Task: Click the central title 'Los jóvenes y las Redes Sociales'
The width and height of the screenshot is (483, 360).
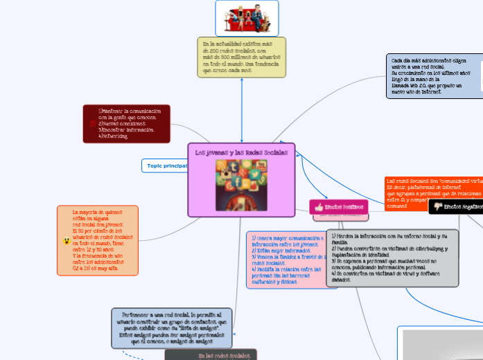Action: pyautogui.click(x=240, y=152)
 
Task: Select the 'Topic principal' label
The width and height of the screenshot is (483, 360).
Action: pyautogui.click(x=167, y=166)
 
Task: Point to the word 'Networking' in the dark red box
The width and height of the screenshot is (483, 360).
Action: pyautogui.click(x=115, y=136)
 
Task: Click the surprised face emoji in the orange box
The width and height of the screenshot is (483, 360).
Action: pyautogui.click(x=66, y=241)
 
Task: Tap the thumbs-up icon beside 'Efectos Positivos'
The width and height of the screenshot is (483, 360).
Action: pyautogui.click(x=319, y=207)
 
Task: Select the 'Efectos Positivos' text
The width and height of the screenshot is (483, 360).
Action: pyautogui.click(x=344, y=207)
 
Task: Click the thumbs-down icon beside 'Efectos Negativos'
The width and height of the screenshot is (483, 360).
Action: pyautogui.click(x=437, y=206)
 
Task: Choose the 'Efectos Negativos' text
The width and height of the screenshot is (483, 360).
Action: pyautogui.click(x=464, y=206)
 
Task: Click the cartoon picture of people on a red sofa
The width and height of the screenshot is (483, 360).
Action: pyautogui.click(x=246, y=18)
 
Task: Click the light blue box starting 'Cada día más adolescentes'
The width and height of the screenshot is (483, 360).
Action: pyautogui.click(x=433, y=75)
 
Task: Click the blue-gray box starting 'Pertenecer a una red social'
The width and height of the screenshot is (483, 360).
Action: pyautogui.click(x=173, y=328)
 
